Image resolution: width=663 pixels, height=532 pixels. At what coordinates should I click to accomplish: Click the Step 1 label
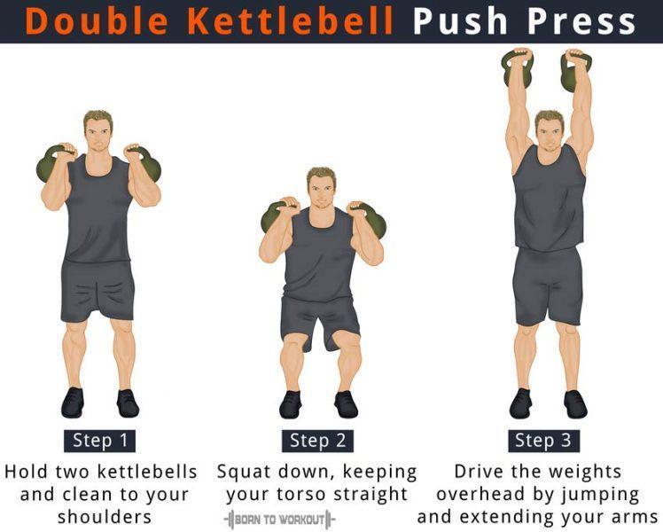[x=97, y=441]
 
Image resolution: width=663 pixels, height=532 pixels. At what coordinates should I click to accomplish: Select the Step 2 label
[x=319, y=441]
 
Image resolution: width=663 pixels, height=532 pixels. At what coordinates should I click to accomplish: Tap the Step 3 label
[x=544, y=441]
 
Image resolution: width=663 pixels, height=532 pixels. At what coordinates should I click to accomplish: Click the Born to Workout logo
[x=280, y=518]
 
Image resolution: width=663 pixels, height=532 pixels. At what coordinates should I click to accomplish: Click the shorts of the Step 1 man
[x=97, y=289]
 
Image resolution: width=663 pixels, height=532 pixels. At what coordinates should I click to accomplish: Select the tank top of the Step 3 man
[x=549, y=199]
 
